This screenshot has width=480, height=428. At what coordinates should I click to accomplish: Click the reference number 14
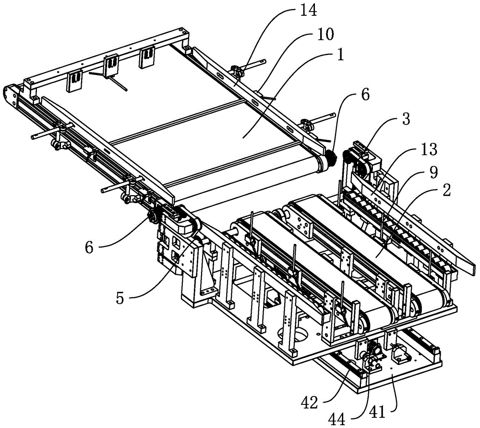[x=308, y=11]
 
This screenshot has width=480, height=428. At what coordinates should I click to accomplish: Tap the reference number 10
[x=325, y=34]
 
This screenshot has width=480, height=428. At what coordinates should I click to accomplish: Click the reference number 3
[x=406, y=119]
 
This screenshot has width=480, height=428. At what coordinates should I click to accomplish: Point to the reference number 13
[x=429, y=150]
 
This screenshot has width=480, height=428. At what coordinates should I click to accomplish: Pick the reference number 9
[x=433, y=173]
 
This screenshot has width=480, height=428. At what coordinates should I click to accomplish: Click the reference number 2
[x=446, y=190]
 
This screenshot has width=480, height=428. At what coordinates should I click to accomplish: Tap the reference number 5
[x=120, y=297]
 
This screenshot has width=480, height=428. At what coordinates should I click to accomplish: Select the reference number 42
[x=310, y=403]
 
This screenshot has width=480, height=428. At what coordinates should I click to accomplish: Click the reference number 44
[x=336, y=419]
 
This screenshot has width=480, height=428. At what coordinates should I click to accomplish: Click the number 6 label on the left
[x=89, y=247]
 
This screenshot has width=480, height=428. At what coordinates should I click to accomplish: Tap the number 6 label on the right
[x=365, y=95]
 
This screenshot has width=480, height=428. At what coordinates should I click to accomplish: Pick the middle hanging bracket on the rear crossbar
[x=111, y=65]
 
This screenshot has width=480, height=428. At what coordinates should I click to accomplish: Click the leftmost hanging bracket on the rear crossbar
[x=74, y=81]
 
